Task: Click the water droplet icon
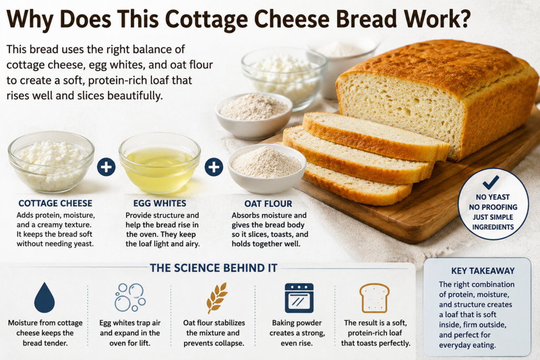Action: [x=44, y=298]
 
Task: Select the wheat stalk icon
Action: [x=216, y=298]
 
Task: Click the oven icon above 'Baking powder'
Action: [x=299, y=298]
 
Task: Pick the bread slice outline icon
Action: [x=374, y=298]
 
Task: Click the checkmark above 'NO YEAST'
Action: [x=491, y=182]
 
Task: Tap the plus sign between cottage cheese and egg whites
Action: [x=106, y=167]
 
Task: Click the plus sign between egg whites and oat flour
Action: [x=214, y=167]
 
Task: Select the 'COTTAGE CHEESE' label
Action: [x=55, y=203]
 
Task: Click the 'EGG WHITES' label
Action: [x=160, y=203]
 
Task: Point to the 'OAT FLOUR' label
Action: [x=268, y=204]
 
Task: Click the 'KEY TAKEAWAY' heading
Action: [x=483, y=271]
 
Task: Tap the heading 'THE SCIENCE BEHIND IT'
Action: [x=214, y=268]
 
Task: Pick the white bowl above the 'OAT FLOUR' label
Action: [x=267, y=169]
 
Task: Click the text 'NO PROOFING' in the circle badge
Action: [x=493, y=207]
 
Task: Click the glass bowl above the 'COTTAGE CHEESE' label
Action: [x=51, y=162]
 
